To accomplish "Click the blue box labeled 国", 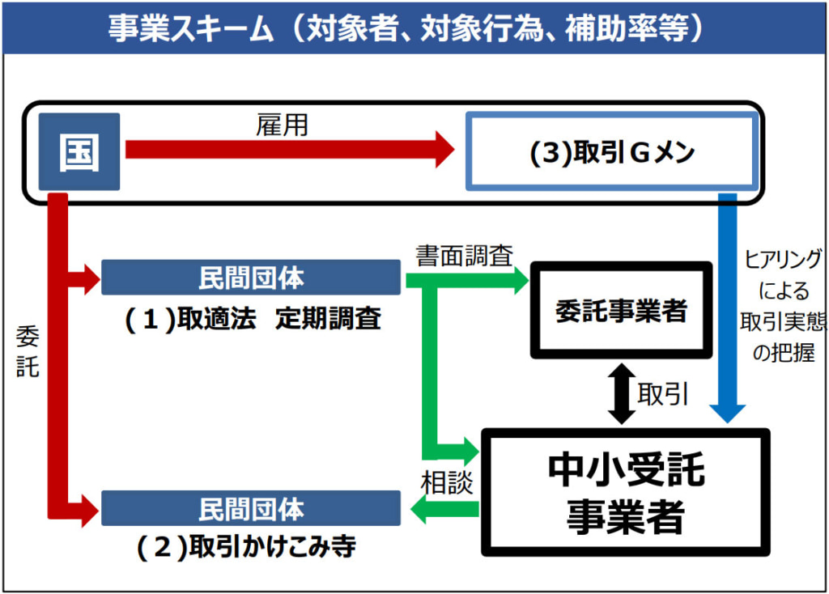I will (79, 152).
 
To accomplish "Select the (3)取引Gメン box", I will (612, 153).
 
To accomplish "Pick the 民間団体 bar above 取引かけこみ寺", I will (251, 509).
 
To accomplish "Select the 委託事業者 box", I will (621, 311).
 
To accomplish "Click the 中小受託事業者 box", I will (624, 492).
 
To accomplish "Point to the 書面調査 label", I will (464, 256).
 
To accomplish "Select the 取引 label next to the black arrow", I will (663, 394).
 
